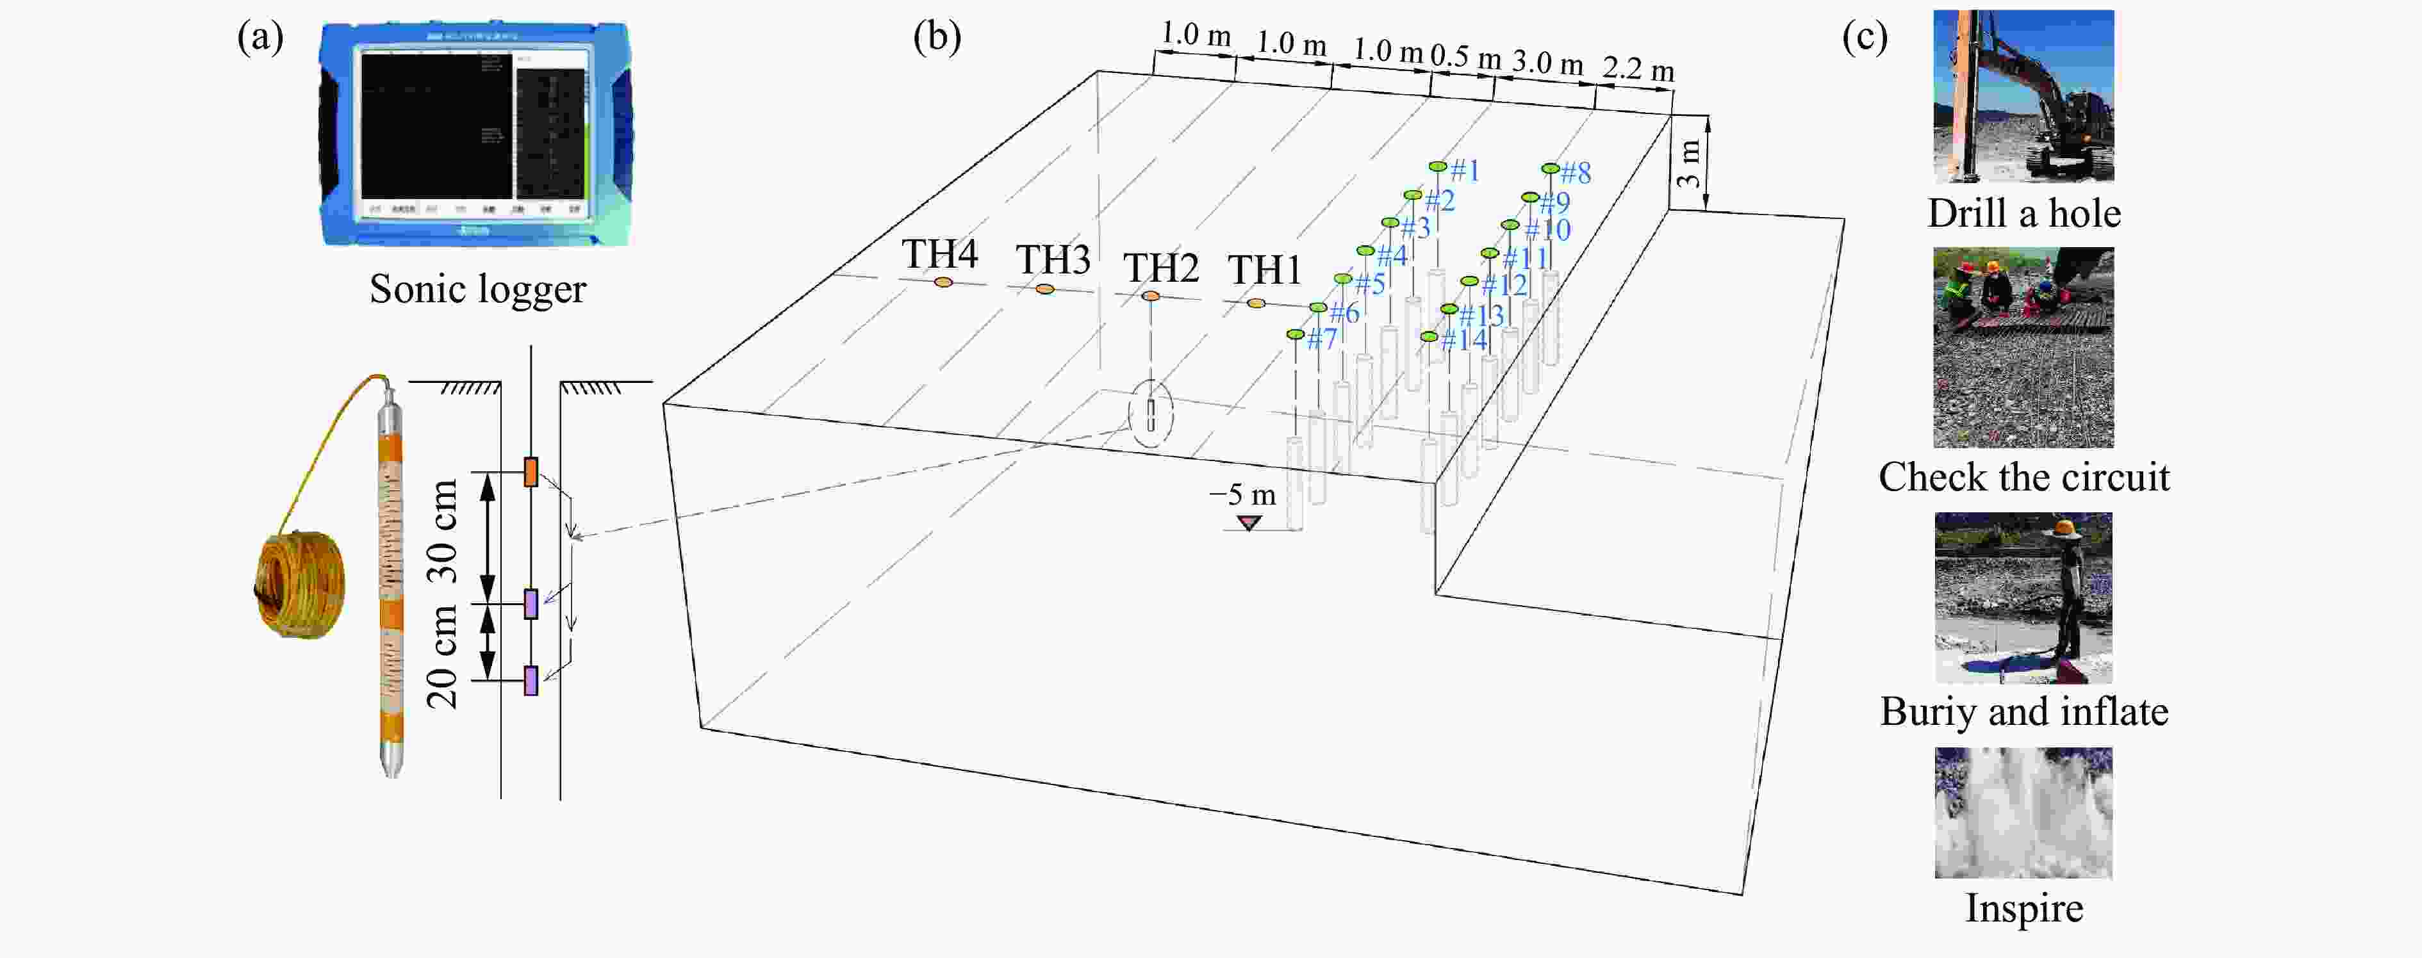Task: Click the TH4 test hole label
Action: [939, 254]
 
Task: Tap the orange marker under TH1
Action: [1255, 303]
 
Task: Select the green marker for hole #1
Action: [1437, 166]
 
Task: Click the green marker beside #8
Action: [1549, 169]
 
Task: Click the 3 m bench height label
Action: [1688, 163]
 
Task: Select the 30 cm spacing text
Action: [442, 531]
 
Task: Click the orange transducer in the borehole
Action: [531, 471]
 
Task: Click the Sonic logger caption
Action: [477, 289]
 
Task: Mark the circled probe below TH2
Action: [1151, 414]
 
